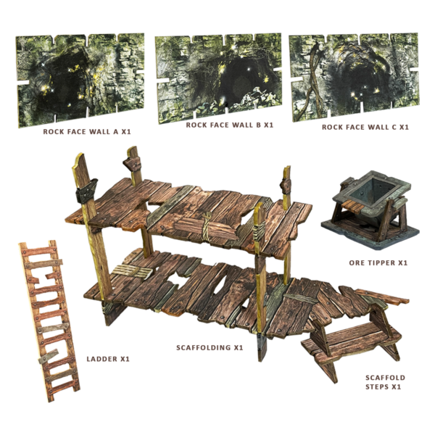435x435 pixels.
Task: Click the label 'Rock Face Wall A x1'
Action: click(86, 133)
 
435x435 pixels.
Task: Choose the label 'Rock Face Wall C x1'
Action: click(365, 126)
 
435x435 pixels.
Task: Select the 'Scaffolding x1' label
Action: click(210, 347)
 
